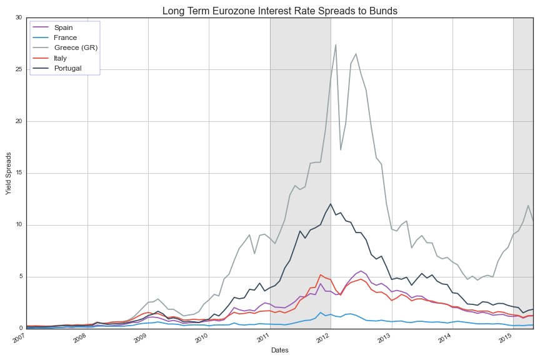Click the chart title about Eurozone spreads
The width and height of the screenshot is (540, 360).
pyautogui.click(x=279, y=11)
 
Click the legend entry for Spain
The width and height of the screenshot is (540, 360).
pyautogui.click(x=62, y=27)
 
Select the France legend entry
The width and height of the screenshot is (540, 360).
pyautogui.click(x=65, y=37)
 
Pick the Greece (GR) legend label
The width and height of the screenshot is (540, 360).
pyautogui.click(x=76, y=47)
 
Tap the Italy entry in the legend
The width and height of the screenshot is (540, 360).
pyautogui.click(x=60, y=57)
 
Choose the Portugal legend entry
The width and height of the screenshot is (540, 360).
pyautogui.click(x=67, y=67)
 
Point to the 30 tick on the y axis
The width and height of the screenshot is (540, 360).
pyautogui.click(x=19, y=17)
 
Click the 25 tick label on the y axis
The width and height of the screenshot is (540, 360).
pyautogui.click(x=19, y=69)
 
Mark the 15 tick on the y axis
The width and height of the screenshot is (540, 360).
pyautogui.click(x=19, y=173)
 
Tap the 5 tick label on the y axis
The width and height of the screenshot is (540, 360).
pyautogui.click(x=20, y=277)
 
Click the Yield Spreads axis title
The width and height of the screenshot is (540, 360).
pyautogui.click(x=9, y=173)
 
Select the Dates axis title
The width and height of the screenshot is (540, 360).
pyautogui.click(x=279, y=351)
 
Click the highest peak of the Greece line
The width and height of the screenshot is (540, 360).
pyautogui.click(x=336, y=44)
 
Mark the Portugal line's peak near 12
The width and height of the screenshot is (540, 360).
pyautogui.click(x=331, y=204)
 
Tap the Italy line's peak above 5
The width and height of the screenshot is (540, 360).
pyautogui.click(x=321, y=274)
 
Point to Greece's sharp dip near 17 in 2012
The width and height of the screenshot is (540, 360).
pyautogui.click(x=341, y=149)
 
